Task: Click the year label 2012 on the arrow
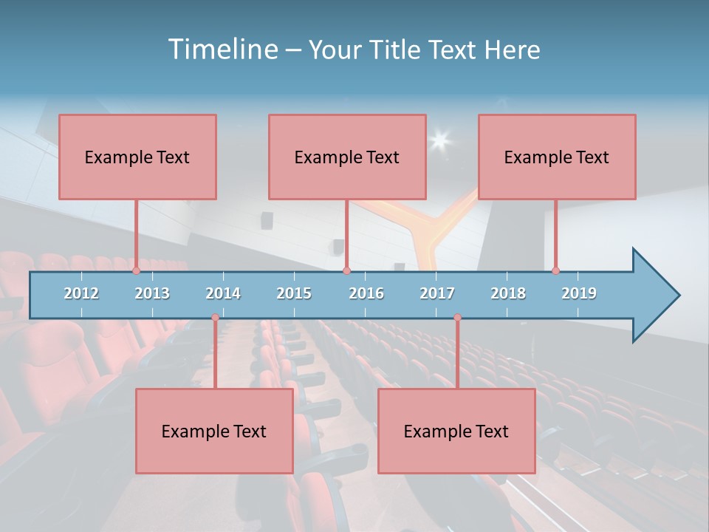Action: (x=81, y=293)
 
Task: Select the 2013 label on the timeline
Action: (x=152, y=293)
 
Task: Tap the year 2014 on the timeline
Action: (x=223, y=293)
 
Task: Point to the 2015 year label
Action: (x=294, y=293)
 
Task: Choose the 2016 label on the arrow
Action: (x=366, y=293)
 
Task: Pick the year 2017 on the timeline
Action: (x=437, y=293)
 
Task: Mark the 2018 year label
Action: (x=508, y=293)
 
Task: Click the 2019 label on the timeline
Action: (x=579, y=293)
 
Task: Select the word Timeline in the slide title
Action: (x=222, y=50)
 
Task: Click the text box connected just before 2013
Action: (x=137, y=157)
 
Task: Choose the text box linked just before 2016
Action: (x=347, y=157)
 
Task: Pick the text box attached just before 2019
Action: (x=557, y=157)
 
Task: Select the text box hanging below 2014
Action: (x=214, y=431)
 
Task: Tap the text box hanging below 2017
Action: (x=456, y=431)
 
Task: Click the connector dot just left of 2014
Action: (x=215, y=318)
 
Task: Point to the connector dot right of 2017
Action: (x=457, y=318)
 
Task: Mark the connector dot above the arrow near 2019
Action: (x=555, y=270)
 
